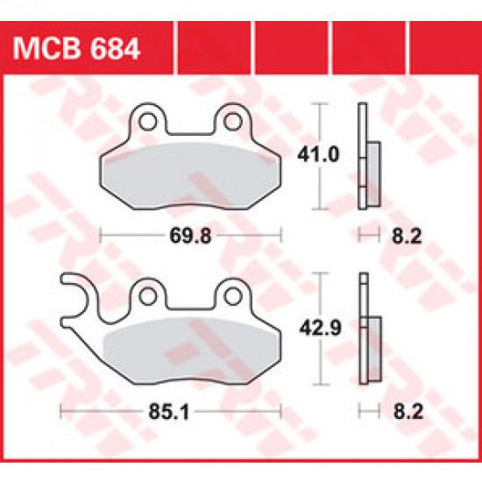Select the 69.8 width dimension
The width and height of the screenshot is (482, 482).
pos(191,235)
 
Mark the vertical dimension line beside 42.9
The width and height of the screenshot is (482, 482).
pos(319,328)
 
